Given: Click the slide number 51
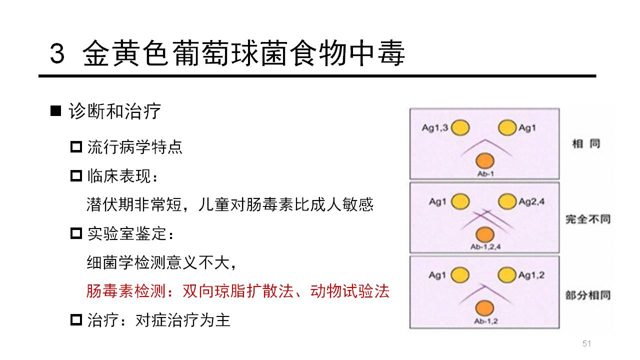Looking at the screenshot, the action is pyautogui.click(x=586, y=343).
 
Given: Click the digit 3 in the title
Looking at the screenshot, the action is pyautogui.click(x=57, y=53).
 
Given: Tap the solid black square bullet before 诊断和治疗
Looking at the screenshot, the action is pyautogui.click(x=55, y=111).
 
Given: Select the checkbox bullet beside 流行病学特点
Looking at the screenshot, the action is pyautogui.click(x=76, y=147).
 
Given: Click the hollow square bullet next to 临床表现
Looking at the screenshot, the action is pyautogui.click(x=76, y=176).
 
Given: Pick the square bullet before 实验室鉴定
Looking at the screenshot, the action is pyautogui.click(x=76, y=233).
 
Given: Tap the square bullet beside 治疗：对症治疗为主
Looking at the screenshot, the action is pyautogui.click(x=76, y=320).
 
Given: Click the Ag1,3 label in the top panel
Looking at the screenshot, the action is pyautogui.click(x=435, y=127).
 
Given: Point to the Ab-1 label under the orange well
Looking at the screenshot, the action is pyautogui.click(x=485, y=173).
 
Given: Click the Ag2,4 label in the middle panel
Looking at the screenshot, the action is pyautogui.click(x=531, y=201).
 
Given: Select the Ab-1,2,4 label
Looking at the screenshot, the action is pyautogui.click(x=485, y=247).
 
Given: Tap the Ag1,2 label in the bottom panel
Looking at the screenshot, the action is pyautogui.click(x=531, y=275).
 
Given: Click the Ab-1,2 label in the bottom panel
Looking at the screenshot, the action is pyautogui.click(x=485, y=321).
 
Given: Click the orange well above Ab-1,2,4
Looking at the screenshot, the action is pyautogui.click(x=485, y=234).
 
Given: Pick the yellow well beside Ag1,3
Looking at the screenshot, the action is pyautogui.click(x=460, y=127).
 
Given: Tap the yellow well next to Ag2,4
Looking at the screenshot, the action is pyautogui.click(x=507, y=201).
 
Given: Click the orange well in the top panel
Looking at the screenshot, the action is pyautogui.click(x=485, y=161).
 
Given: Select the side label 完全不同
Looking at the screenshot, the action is pyautogui.click(x=588, y=219).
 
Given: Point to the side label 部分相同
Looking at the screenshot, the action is pyautogui.click(x=588, y=295).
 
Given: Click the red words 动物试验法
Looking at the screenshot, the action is pyautogui.click(x=349, y=291).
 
